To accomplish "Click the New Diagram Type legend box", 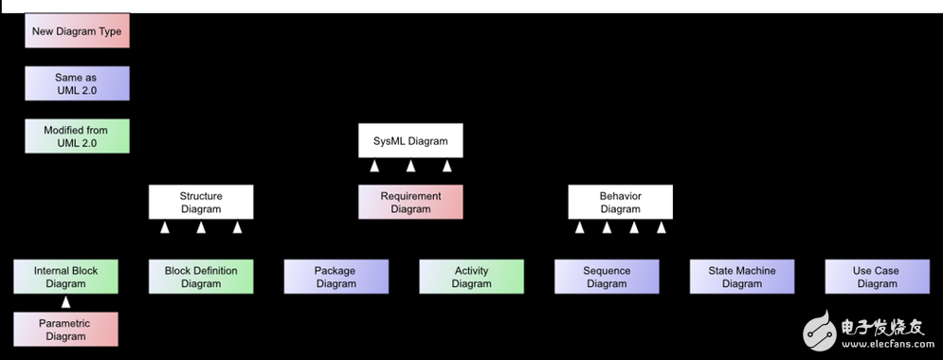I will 77,31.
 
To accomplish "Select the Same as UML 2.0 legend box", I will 77,82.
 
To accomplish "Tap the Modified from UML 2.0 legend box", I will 77,135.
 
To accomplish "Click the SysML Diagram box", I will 410,141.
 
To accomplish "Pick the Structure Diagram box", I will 201,202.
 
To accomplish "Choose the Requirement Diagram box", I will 410,202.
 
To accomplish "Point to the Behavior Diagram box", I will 620,202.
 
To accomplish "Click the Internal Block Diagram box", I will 66,277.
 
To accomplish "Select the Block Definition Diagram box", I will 201,277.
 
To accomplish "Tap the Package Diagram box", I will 335,277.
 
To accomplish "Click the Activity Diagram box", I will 471,277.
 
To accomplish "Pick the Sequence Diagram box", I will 607,277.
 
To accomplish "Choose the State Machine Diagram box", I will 742,277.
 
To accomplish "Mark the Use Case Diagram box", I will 877,277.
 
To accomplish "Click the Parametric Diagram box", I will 66,329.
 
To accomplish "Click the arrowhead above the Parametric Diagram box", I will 66,302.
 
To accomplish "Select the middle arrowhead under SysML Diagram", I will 410,167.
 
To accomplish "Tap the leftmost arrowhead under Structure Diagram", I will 165,227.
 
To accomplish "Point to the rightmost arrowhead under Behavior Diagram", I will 662,227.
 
